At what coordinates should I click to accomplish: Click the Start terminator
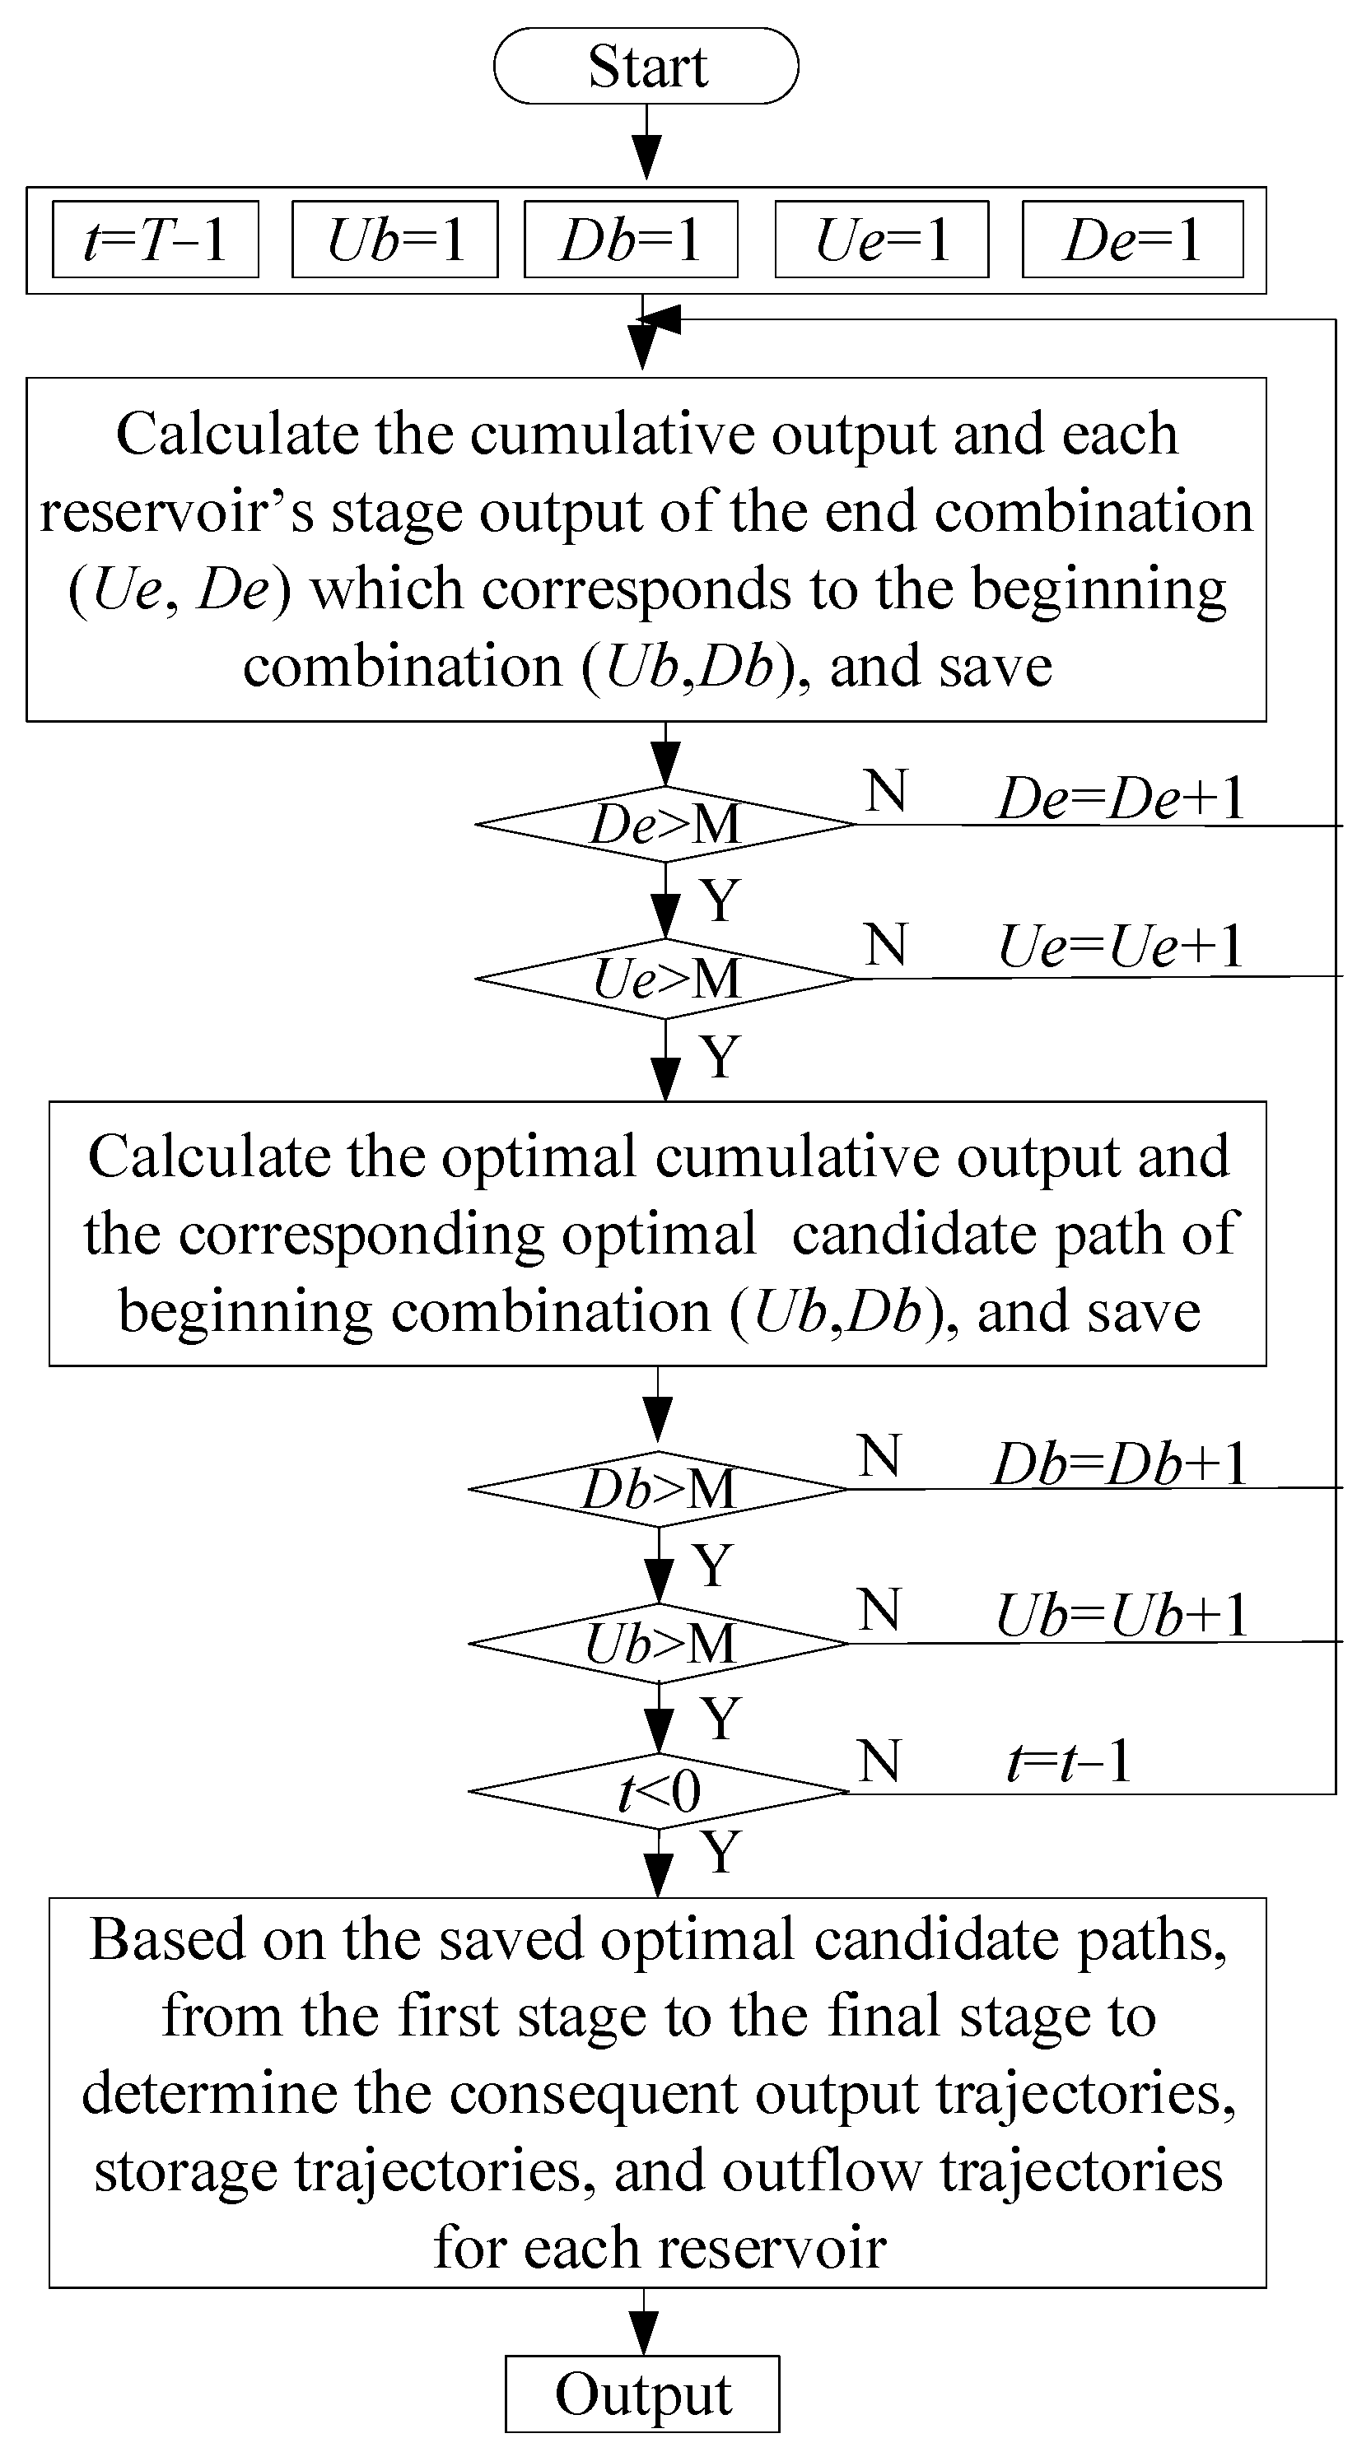(x=646, y=66)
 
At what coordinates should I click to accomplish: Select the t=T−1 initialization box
(x=155, y=239)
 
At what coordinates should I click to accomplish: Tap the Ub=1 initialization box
(x=394, y=239)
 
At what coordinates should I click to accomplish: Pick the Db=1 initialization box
(x=630, y=239)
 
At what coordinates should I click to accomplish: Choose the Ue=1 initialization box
(x=882, y=239)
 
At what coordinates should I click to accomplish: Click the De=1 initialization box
(x=1132, y=239)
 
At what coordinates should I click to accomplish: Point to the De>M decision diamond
(x=665, y=824)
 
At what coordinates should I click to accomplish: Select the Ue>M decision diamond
(x=665, y=979)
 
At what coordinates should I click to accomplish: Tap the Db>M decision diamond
(x=659, y=1489)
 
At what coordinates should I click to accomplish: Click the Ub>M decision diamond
(x=659, y=1644)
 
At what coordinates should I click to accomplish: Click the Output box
(x=642, y=2394)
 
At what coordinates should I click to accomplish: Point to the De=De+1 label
(x=1121, y=798)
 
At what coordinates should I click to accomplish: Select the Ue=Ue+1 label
(x=1121, y=947)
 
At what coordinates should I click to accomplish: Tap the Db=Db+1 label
(x=1120, y=1463)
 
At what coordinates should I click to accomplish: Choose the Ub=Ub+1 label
(x=1121, y=1615)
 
